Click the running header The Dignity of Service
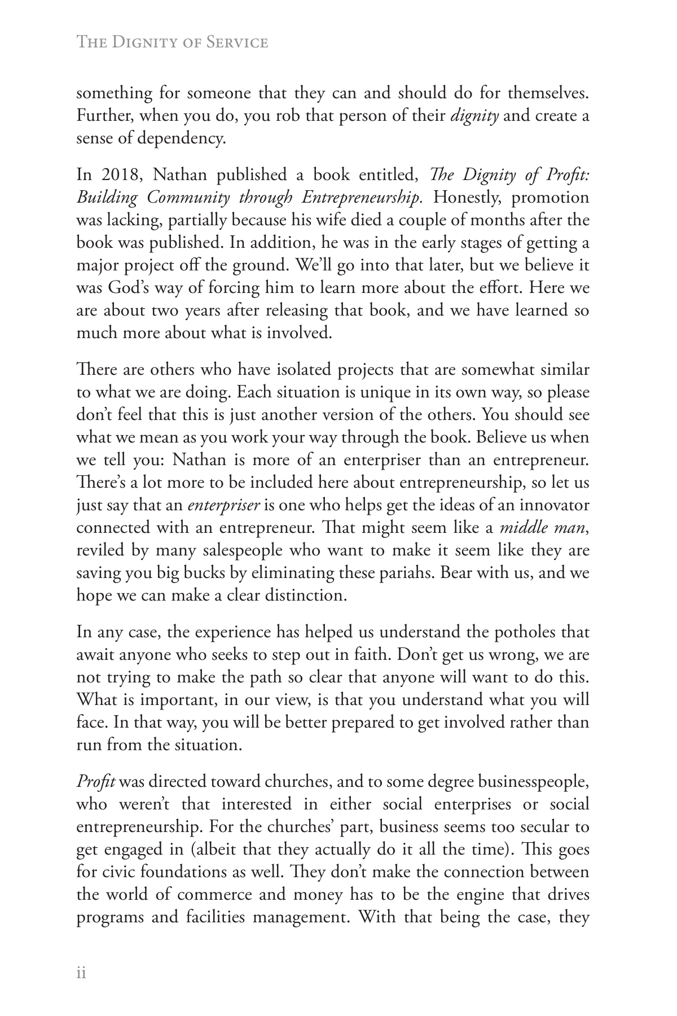tap(172, 42)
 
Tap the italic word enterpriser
tap(223, 505)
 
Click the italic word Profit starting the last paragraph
tap(95, 782)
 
